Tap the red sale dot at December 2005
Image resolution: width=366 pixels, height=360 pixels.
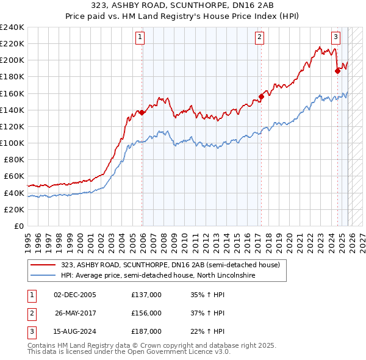pyautogui.click(x=142, y=112)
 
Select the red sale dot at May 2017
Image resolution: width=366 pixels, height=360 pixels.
pyautogui.click(x=261, y=96)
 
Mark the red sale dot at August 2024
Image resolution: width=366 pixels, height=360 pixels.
pyautogui.click(x=337, y=71)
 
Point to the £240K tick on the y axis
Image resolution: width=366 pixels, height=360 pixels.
pyautogui.click(x=12, y=27)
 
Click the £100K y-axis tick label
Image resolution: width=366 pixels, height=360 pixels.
pyautogui.click(x=12, y=143)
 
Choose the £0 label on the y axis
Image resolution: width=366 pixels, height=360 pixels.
pyautogui.click(x=18, y=226)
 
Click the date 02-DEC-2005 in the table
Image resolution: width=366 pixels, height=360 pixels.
pyautogui.click(x=75, y=295)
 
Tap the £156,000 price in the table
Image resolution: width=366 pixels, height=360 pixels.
pyautogui.click(x=146, y=313)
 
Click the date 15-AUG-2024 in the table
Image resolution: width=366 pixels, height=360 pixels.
pyautogui.click(x=75, y=331)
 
